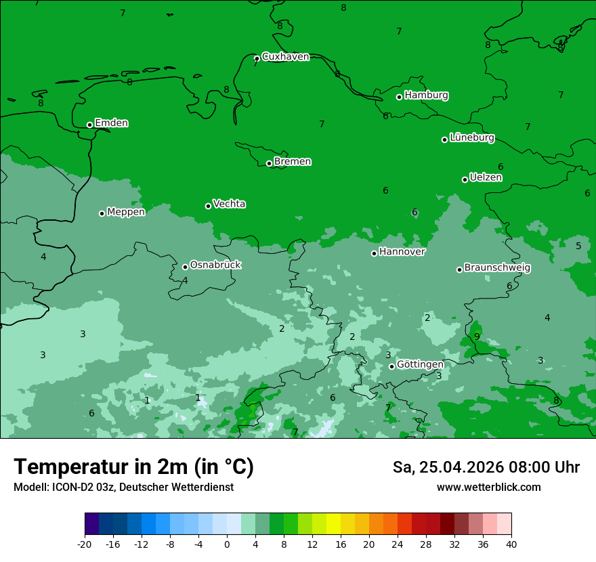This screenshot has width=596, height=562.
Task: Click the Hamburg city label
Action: [x=426, y=95]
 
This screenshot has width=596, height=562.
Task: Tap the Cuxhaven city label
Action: [x=285, y=57]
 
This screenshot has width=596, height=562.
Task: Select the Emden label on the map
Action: [x=111, y=123]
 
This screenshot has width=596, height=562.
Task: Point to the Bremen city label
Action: [x=292, y=162]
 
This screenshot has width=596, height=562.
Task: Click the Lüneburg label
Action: [x=471, y=138]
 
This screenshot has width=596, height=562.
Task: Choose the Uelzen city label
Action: [x=486, y=178]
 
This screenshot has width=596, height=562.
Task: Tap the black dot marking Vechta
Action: [x=208, y=206]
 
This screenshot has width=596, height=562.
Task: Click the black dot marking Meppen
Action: [x=102, y=213]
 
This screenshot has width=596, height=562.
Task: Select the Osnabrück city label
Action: [x=215, y=265]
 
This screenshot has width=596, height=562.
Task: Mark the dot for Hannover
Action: [x=374, y=253]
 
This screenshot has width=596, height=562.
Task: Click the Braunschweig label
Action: [x=497, y=268]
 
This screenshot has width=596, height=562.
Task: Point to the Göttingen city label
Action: [x=420, y=365]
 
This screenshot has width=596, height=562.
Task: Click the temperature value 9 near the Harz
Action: [x=477, y=337]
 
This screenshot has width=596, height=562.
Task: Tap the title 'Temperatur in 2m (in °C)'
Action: [x=133, y=467]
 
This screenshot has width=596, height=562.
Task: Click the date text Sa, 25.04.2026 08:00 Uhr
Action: [x=486, y=468]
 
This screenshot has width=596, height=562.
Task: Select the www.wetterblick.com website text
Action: [x=488, y=488]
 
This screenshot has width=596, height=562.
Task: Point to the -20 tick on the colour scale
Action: [x=85, y=544]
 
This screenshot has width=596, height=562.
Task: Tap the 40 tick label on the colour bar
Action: [x=511, y=544]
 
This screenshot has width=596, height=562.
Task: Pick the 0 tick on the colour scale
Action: [x=227, y=544]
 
